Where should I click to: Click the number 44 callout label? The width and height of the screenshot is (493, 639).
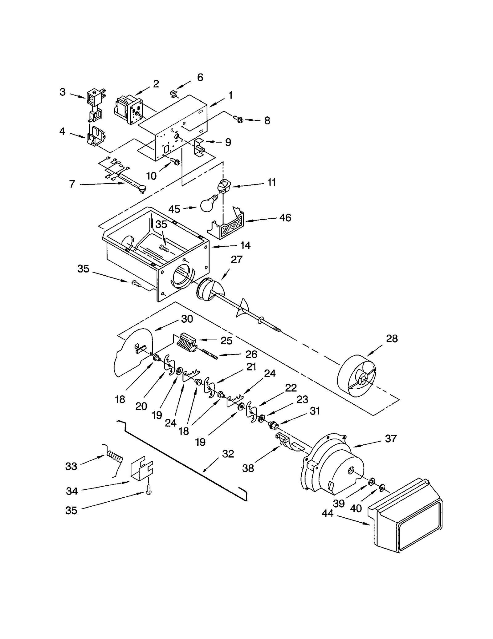(x=328, y=513)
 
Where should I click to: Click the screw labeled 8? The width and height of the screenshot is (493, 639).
(x=238, y=119)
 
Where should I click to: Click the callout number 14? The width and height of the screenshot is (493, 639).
(x=245, y=245)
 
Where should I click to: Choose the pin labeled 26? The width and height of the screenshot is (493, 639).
(x=210, y=354)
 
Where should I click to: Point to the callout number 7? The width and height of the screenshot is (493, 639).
(x=72, y=184)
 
